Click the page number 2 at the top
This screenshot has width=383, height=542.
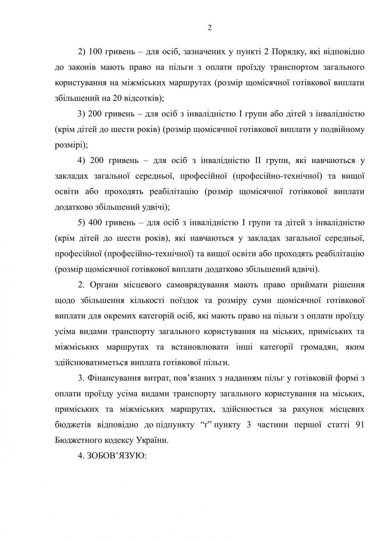(210, 28)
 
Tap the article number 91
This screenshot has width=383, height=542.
(359, 425)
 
